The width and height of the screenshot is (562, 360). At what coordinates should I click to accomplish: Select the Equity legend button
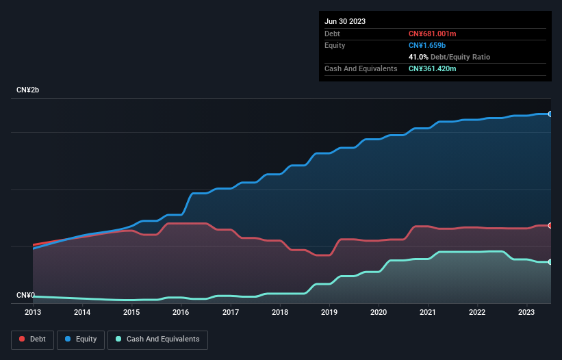point(81,339)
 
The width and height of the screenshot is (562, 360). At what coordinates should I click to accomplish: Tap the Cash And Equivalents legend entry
point(157,339)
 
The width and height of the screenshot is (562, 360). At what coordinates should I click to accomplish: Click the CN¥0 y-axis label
point(26,295)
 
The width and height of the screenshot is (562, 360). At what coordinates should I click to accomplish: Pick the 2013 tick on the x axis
point(33,313)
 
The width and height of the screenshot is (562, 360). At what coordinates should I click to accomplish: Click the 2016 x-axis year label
point(181,313)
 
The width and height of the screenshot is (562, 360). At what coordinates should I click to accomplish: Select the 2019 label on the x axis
point(329,313)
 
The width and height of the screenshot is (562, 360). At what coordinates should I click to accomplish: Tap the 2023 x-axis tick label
point(526,313)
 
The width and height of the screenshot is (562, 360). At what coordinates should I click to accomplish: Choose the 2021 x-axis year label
point(428,313)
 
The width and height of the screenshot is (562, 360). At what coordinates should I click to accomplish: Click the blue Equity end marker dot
point(550,114)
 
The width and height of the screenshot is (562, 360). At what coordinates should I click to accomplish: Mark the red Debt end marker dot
point(550,225)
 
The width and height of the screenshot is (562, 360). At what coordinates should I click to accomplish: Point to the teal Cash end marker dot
point(550,262)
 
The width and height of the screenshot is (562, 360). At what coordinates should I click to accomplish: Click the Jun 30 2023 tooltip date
point(345,21)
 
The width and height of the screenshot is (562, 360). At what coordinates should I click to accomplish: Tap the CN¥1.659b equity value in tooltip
point(427,45)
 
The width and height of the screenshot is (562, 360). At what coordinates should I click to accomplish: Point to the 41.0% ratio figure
point(419,57)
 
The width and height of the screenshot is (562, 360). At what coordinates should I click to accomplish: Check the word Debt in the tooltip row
point(332,34)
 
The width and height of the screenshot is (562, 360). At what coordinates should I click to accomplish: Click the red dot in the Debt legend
point(22,339)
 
